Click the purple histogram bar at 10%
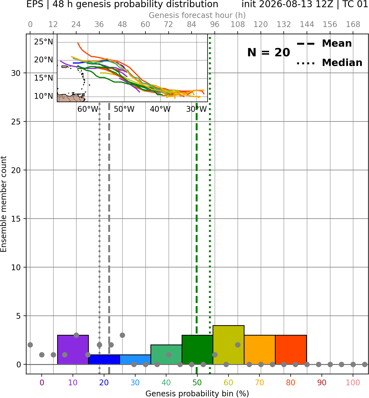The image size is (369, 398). tap(73, 349)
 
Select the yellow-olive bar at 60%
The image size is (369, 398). tap(229, 345)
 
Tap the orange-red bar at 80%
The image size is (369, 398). tap(291, 349)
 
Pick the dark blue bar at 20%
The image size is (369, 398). tap(104, 359)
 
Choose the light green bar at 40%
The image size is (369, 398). tap(166, 354)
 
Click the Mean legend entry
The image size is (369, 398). tap(324, 43)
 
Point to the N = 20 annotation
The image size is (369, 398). tap(269, 52)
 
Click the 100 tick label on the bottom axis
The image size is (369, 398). tap(353, 383)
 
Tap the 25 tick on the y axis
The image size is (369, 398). tap(16, 122)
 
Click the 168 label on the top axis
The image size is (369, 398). tap(353, 25)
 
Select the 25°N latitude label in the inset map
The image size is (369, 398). tap(44, 42)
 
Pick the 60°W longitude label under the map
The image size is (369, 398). tap(88, 109)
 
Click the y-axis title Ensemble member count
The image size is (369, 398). tap(4, 204)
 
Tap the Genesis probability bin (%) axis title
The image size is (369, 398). tap(197, 394)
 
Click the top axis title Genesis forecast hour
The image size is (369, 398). tap(197, 15)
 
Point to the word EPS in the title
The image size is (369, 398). tap(35, 4)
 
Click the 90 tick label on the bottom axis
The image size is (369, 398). tap(322, 383)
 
